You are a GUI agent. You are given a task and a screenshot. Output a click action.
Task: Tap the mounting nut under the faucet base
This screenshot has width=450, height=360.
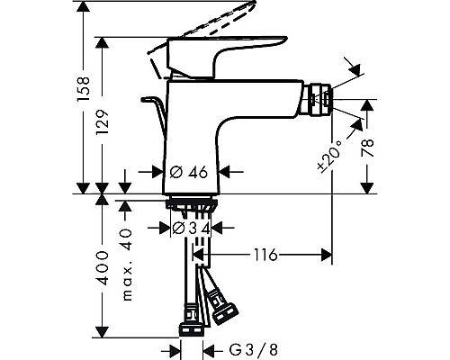(190, 206)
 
